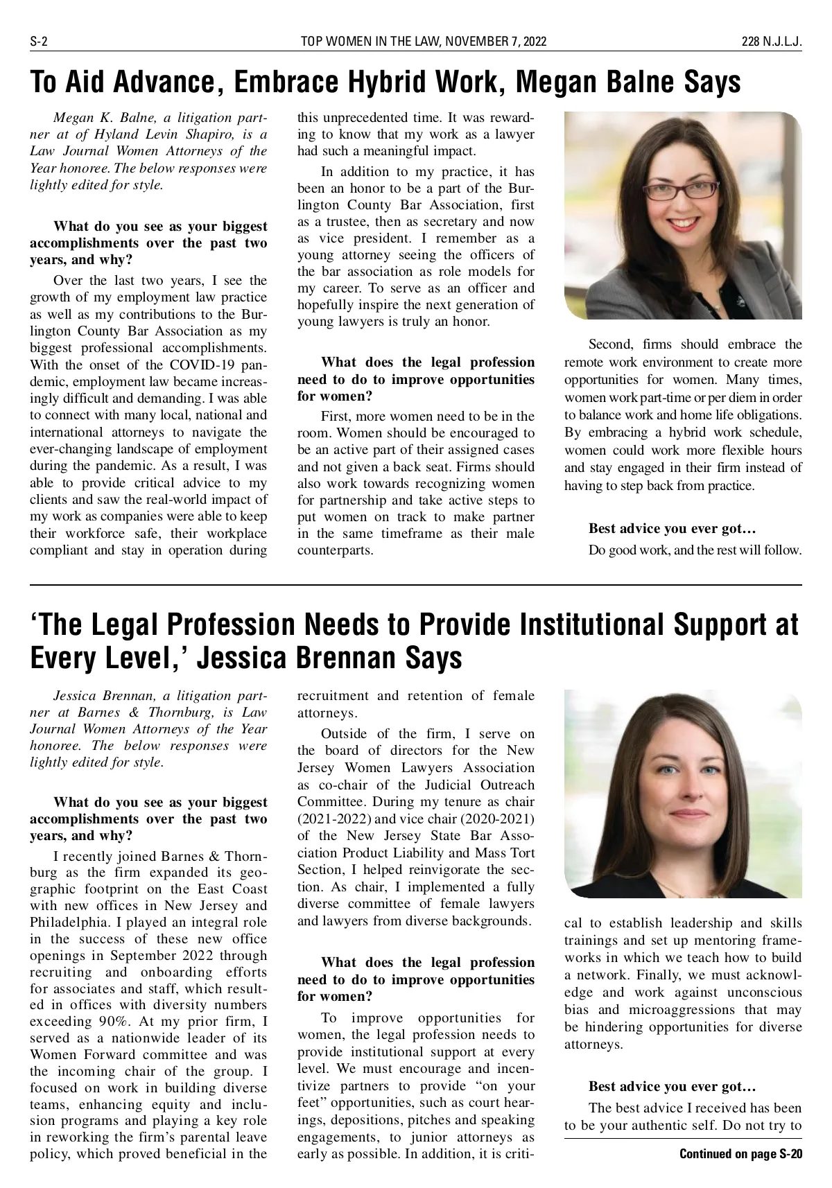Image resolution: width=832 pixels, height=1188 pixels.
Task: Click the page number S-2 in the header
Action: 38,42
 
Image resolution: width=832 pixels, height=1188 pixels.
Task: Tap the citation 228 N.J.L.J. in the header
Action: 772,42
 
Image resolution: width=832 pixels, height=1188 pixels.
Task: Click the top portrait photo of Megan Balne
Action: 683,215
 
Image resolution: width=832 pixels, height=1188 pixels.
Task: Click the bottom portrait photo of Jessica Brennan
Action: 683,793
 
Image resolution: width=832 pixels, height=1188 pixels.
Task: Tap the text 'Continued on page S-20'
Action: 740,1154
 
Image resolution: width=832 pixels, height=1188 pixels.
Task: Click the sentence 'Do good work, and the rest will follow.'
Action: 695,550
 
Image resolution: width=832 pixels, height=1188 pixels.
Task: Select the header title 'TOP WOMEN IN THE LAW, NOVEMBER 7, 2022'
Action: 424,42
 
